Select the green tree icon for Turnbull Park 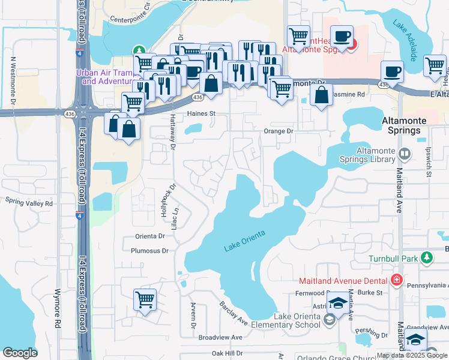coord(427,257)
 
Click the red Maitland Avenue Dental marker coord(396,279)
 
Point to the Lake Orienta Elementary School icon coord(328,320)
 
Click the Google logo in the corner coord(20,353)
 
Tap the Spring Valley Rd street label coord(28,203)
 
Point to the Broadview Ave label coord(220,337)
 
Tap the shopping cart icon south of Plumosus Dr coord(145,298)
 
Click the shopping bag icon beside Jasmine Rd coord(322,94)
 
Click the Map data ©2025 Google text coord(412,355)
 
